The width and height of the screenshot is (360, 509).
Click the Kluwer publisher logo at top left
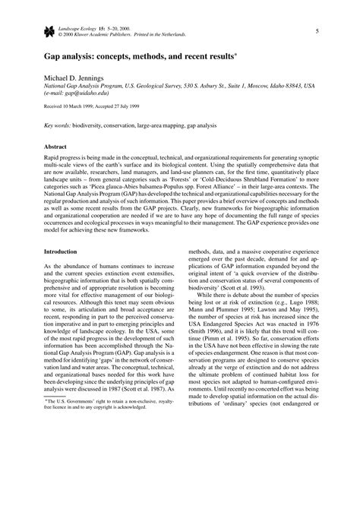click(49, 30)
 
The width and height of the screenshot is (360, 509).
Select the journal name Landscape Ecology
click(81, 27)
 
